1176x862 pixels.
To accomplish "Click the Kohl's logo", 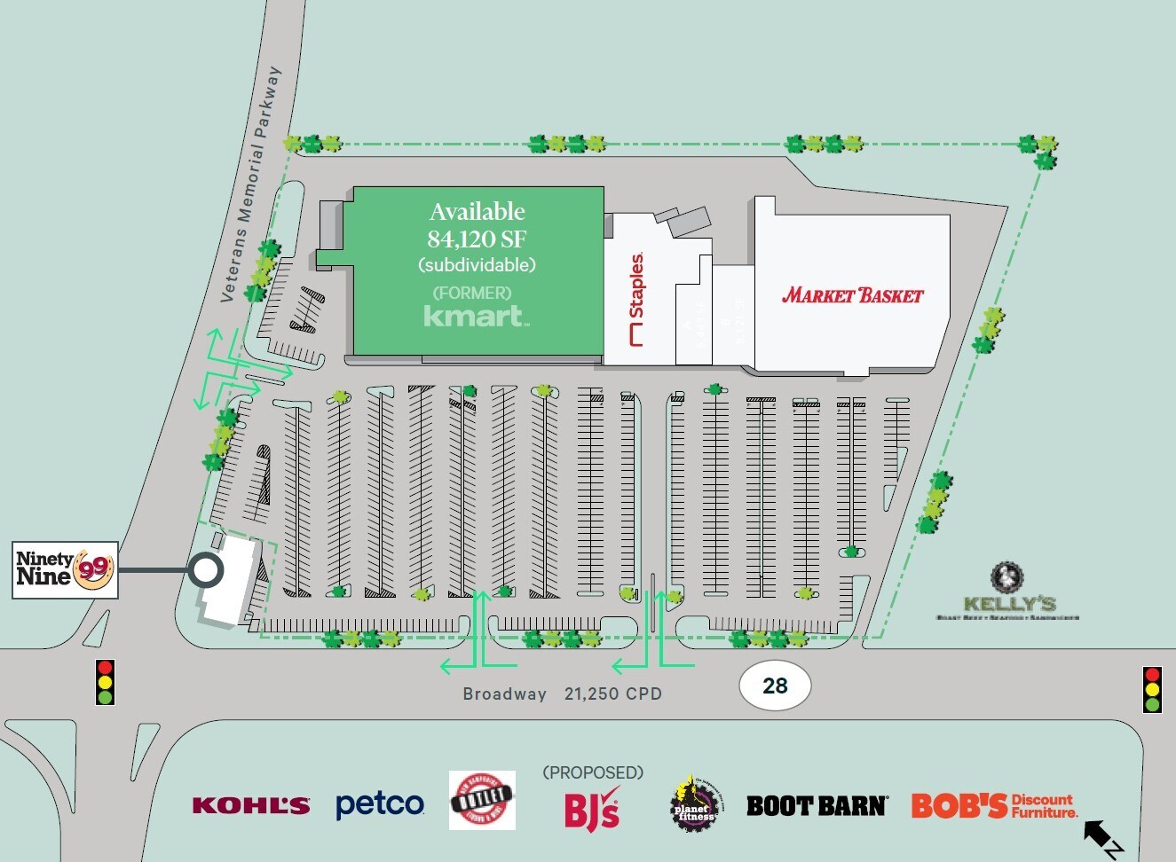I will click(251, 805).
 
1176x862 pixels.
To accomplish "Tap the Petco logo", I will click(380, 804).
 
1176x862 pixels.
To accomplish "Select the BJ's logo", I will click(592, 809).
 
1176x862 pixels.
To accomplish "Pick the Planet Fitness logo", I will click(693, 803).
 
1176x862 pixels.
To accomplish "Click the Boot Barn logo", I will click(816, 805).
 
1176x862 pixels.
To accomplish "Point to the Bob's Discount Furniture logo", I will click(994, 805).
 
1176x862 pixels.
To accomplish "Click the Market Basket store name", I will click(852, 295).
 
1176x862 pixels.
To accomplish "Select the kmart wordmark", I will click(476, 316).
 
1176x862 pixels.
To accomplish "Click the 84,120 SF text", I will click(477, 239).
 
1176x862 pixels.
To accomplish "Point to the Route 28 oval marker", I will click(775, 686).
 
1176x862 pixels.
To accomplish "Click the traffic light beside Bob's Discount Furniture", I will click(1152, 689).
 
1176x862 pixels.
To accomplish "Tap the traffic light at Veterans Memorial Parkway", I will click(106, 682).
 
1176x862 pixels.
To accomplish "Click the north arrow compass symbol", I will click(1101, 838).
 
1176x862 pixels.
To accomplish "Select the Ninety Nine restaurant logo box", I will click(65, 569).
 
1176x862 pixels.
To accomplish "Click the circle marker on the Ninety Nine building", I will click(206, 570).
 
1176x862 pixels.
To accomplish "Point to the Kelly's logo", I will click(1008, 592).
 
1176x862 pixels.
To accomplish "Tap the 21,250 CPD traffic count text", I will click(613, 694).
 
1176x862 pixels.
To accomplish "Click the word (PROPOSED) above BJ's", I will click(593, 772).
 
